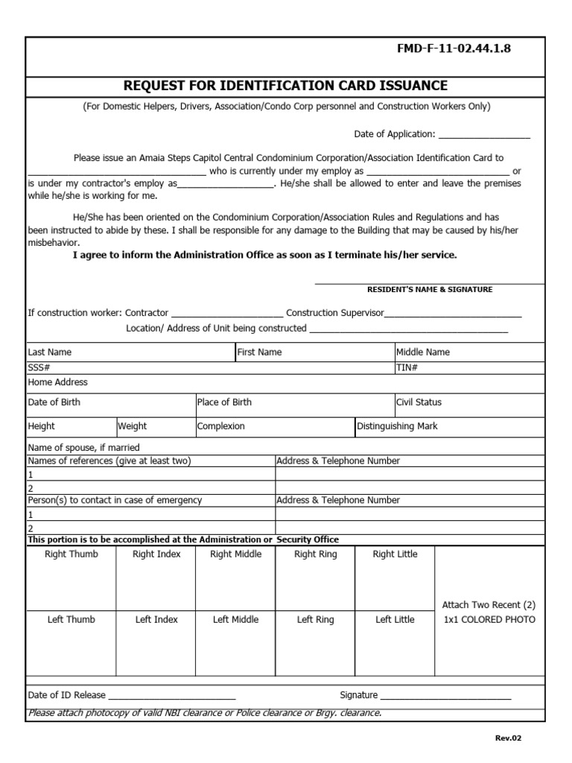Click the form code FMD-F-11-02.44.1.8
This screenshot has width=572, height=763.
click(x=465, y=50)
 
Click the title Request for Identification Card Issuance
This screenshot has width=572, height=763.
click(x=285, y=86)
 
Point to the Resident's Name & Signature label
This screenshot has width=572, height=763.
click(x=430, y=289)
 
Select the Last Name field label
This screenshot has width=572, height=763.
click(x=50, y=352)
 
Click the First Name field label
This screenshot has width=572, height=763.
click(x=259, y=352)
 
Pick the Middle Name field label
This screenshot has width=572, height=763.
click(x=422, y=352)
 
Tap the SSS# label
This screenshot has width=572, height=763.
click(x=39, y=367)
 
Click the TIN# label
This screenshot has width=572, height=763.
click(x=407, y=367)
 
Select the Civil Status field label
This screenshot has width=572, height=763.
click(x=419, y=402)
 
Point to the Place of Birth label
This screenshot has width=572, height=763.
click(x=224, y=402)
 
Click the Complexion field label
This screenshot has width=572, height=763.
click(x=220, y=426)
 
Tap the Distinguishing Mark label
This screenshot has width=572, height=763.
click(x=397, y=426)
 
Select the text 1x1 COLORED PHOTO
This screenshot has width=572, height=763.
click(x=489, y=620)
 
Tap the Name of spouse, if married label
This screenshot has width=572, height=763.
click(x=83, y=448)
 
